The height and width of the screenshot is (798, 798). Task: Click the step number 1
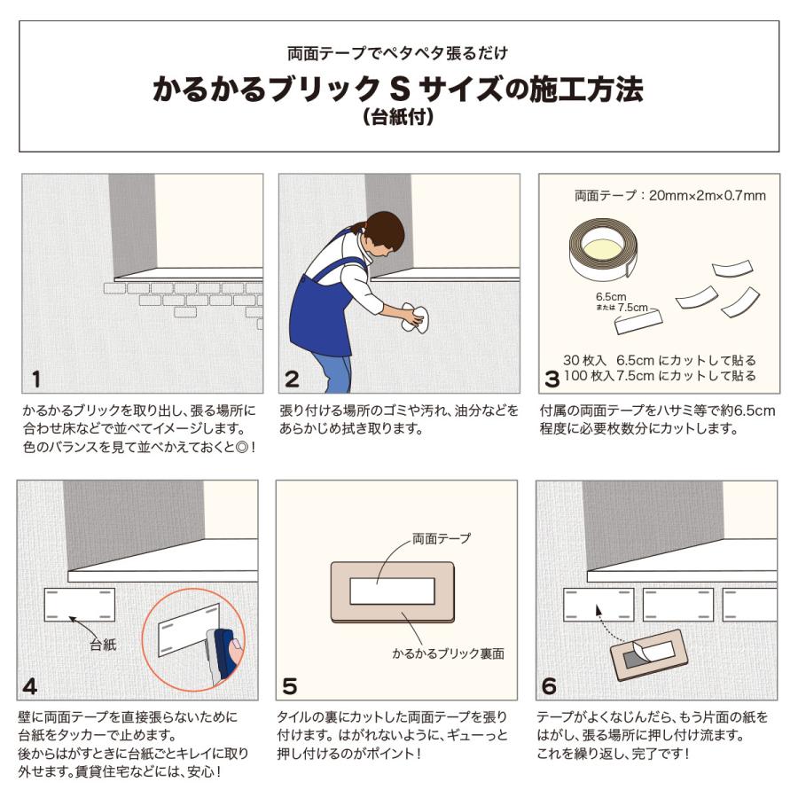pyautogui.click(x=35, y=380)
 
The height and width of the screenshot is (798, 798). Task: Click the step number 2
pyautogui.click(x=293, y=380)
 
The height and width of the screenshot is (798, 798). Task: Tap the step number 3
pyautogui.click(x=552, y=380)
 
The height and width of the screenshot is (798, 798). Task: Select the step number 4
pyautogui.click(x=31, y=685)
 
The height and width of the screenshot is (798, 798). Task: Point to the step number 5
pyautogui.click(x=291, y=685)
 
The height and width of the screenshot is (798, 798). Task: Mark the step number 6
pyautogui.click(x=550, y=685)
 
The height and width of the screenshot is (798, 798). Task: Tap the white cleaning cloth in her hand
pyautogui.click(x=413, y=319)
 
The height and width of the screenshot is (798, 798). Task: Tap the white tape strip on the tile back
pyautogui.click(x=392, y=591)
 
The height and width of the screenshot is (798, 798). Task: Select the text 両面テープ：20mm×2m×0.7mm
pyautogui.click(x=669, y=195)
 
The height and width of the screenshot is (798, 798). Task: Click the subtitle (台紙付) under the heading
pyautogui.click(x=398, y=116)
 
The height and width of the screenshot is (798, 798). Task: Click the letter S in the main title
pyautogui.click(x=398, y=90)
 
